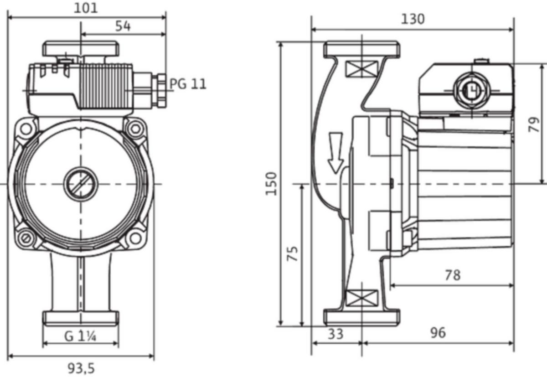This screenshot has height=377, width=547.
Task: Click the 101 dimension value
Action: (87, 8)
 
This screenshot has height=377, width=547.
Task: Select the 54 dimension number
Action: (122, 26)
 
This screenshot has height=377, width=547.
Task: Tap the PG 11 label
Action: (188, 84)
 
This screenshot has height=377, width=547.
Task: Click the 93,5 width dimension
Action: (81, 367)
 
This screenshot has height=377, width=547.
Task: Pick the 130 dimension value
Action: (413, 19)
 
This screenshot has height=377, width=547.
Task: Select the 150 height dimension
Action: (272, 183)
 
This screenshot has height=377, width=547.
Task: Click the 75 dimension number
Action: (294, 253)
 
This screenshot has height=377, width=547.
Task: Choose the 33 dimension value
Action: (335, 334)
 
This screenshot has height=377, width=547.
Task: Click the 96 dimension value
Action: (438, 333)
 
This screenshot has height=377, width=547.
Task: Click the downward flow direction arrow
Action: (336, 152)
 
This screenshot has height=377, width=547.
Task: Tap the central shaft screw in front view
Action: (81, 184)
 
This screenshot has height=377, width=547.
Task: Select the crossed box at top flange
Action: (361, 69)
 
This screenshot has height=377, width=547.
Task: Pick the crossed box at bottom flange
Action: (361, 299)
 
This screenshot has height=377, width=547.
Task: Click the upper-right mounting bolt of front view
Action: (135, 129)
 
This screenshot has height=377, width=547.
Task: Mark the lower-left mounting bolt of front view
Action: (26, 238)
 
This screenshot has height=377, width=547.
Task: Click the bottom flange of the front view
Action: (81, 318)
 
